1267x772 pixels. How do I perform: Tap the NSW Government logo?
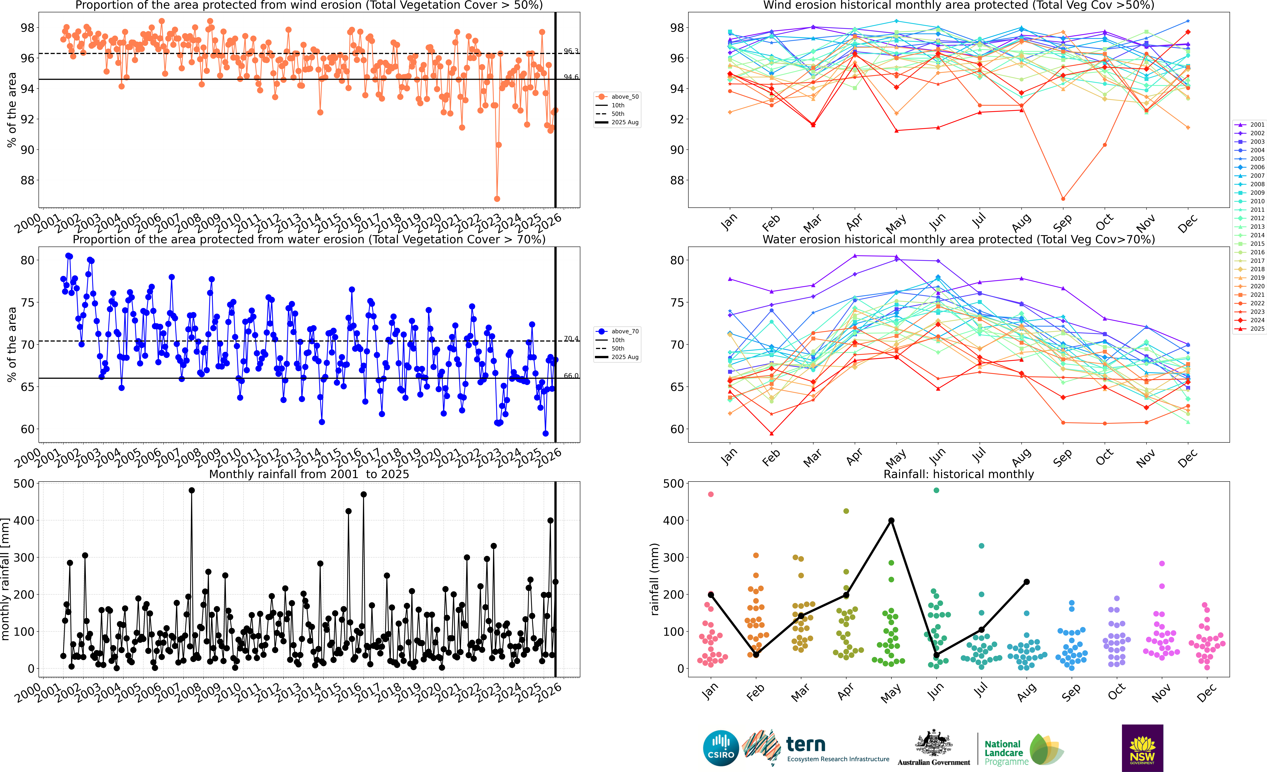coord(1142,748)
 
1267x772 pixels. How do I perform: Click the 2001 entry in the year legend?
coord(1250,124)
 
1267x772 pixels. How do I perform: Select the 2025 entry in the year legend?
coord(1250,328)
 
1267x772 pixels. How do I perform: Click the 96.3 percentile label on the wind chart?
coord(571,51)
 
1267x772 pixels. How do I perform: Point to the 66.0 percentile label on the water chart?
coord(571,376)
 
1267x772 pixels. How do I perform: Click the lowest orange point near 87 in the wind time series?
coord(497,199)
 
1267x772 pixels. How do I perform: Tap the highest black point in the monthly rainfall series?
coord(192,491)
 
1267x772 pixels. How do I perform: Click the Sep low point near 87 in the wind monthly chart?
coord(1063,199)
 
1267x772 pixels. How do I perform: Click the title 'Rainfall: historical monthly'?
coord(959,474)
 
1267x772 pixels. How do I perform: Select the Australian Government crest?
coord(933,744)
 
